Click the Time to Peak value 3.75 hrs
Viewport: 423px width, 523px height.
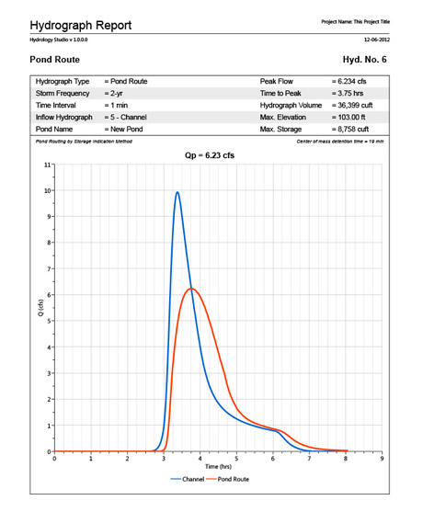[x=351, y=94]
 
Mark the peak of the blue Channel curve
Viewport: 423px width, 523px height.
[x=177, y=192]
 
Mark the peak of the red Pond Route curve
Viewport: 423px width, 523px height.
[x=190, y=289]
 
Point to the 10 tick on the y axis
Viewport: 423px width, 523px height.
[x=47, y=190]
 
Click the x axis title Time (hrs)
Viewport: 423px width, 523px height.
[x=218, y=467]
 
